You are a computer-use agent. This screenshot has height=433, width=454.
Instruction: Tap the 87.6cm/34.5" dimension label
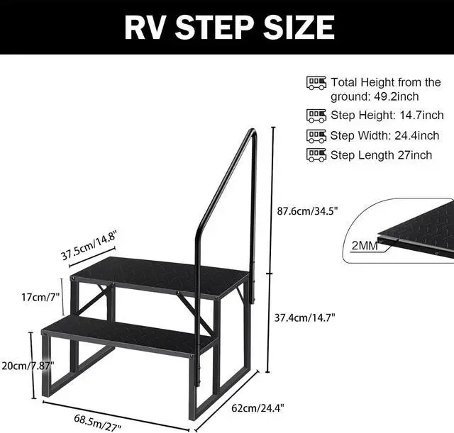tap(306, 210)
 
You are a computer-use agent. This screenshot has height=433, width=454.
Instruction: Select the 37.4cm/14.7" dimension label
tap(305, 317)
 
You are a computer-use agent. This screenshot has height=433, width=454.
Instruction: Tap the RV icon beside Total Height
tap(316, 83)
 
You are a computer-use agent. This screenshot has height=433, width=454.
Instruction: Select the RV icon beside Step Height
tap(316, 115)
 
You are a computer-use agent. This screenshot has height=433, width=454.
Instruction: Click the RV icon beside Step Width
tap(316, 135)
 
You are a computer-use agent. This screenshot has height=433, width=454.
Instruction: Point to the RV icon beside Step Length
tap(316, 154)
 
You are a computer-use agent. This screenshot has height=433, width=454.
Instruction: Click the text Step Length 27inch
tap(381, 155)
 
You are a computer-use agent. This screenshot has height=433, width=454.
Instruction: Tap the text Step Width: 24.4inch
tap(384, 135)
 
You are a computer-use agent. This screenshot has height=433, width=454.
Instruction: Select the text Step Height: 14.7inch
tap(387, 116)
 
